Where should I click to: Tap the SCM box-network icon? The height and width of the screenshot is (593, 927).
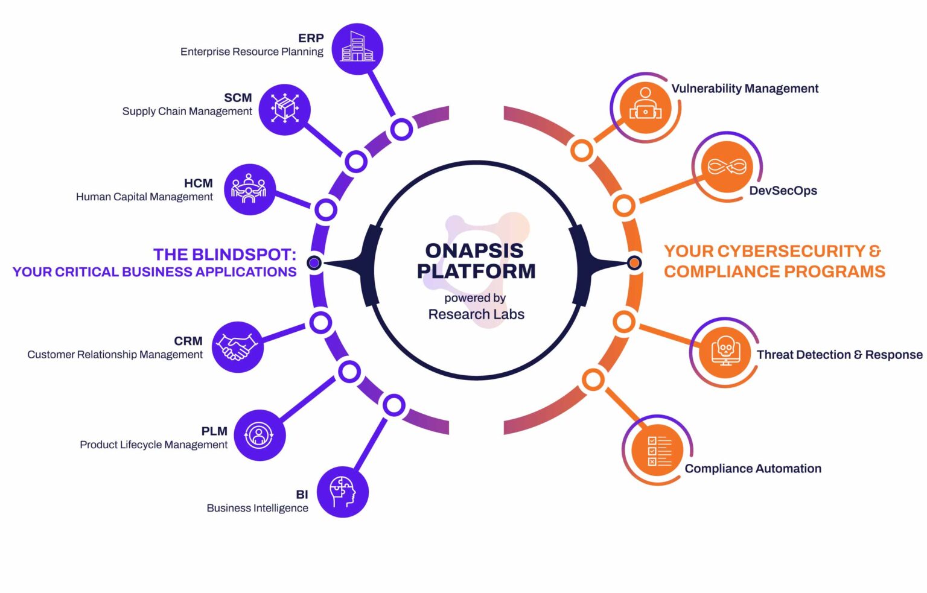pyautogui.click(x=284, y=109)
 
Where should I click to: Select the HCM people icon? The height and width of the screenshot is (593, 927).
pyautogui.click(x=249, y=189)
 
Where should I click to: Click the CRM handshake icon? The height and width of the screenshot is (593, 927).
pyautogui.click(x=237, y=347)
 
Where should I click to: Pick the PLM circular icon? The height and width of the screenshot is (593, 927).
pyautogui.click(x=259, y=435)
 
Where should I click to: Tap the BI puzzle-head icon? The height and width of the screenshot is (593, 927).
pyautogui.click(x=342, y=492)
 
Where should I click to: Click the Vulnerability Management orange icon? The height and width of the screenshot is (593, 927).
pyautogui.click(x=645, y=108)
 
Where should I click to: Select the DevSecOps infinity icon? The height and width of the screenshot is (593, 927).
pyautogui.click(x=727, y=167)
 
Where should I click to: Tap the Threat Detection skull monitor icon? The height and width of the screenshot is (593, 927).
pyautogui.click(x=725, y=352)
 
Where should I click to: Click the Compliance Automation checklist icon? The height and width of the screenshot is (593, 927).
pyautogui.click(x=658, y=451)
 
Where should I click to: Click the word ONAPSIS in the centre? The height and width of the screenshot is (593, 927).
pyautogui.click(x=474, y=250)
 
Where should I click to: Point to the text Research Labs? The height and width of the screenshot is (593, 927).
pyautogui.click(x=476, y=314)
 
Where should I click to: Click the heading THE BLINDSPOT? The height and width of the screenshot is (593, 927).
pyautogui.click(x=225, y=255)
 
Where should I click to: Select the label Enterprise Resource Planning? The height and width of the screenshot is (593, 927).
pyautogui.click(x=252, y=52)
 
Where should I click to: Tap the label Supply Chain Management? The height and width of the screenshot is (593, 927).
pyautogui.click(x=187, y=112)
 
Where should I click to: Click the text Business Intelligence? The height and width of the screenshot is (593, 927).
pyautogui.click(x=257, y=508)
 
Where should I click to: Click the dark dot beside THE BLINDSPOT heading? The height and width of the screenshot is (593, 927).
pyautogui.click(x=314, y=262)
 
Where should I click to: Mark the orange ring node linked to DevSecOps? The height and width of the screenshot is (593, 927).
pyautogui.click(x=624, y=206)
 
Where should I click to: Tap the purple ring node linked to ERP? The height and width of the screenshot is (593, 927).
pyautogui.click(x=401, y=129)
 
